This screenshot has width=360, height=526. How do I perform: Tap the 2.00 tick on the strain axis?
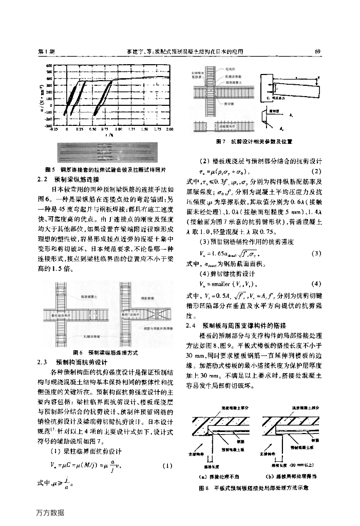pos(169,130)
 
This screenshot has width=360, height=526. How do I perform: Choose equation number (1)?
pos(166,466)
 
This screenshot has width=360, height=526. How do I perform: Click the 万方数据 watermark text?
pos(50,512)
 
